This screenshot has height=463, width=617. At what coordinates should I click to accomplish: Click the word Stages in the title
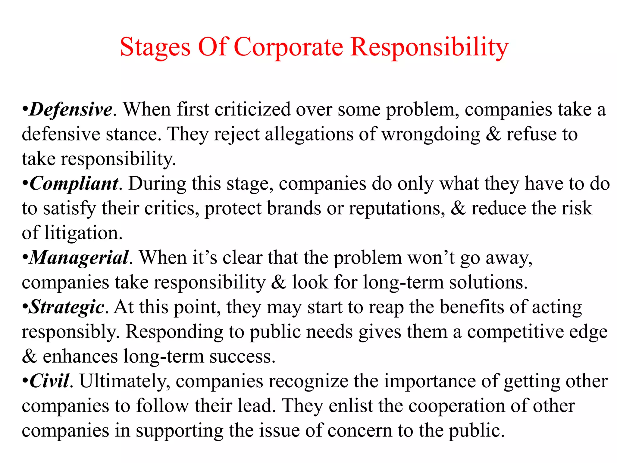tap(155, 48)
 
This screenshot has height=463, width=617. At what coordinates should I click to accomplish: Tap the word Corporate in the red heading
tap(288, 48)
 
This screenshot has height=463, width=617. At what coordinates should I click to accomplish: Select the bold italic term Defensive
tap(71, 109)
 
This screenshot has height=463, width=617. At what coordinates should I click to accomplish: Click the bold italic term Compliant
tap(74, 183)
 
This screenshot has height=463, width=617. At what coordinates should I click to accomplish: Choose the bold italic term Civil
tap(49, 381)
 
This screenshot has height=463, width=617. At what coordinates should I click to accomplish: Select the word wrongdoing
tap(431, 134)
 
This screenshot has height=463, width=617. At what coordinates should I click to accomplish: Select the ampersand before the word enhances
tap(30, 356)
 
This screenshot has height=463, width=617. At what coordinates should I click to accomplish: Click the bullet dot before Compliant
tap(25, 183)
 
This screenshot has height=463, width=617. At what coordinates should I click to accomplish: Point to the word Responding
tap(174, 332)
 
